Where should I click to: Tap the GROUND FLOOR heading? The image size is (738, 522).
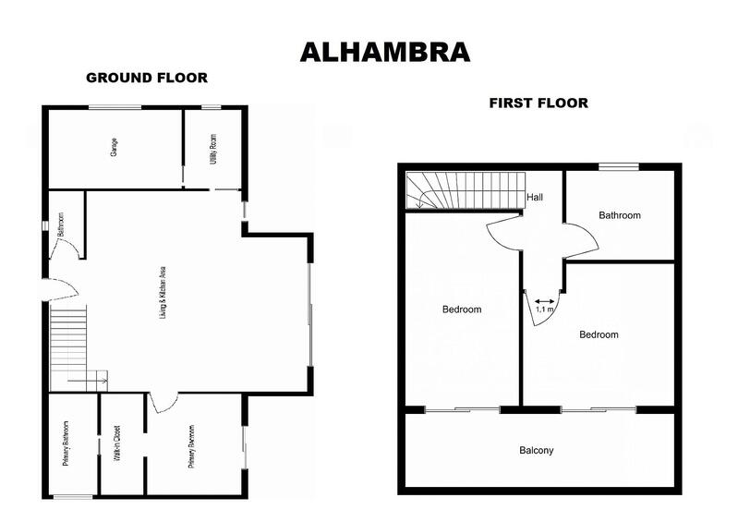tap(147, 78)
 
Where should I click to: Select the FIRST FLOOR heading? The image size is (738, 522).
tap(538, 103)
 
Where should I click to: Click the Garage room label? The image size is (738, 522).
tap(115, 148)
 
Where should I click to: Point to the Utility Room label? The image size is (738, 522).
tap(214, 148)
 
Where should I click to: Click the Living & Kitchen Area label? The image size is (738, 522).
tap(163, 293)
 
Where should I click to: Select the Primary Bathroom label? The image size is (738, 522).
tap(67, 444)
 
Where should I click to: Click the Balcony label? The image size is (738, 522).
tap(537, 451)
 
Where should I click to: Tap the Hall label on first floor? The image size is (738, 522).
tap(535, 198)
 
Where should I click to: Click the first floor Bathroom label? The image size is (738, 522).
tap(619, 215)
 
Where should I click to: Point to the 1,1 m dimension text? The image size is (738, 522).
tap(545, 310)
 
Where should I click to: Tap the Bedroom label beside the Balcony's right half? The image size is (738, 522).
tap(599, 334)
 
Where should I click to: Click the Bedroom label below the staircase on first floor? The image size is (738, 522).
tap(462, 310)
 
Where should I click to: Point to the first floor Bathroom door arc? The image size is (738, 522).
tap(582, 242)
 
